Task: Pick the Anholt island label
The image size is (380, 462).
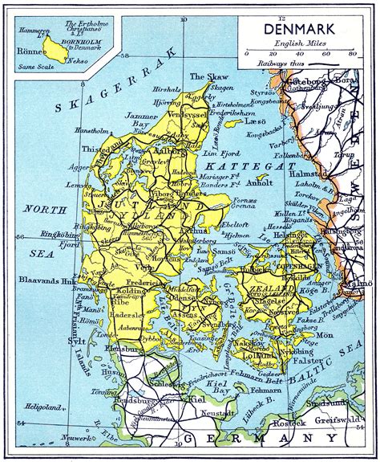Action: click(264, 182)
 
